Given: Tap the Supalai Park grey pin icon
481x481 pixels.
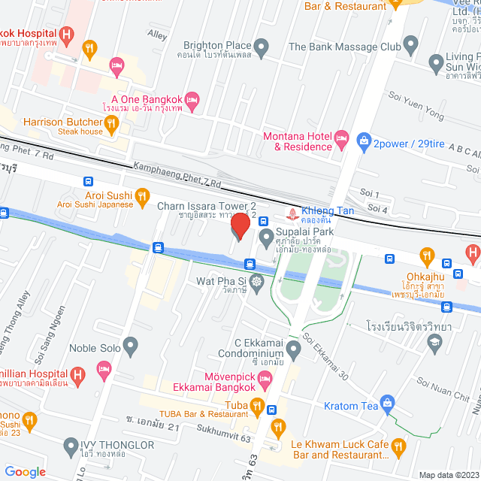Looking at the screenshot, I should tap(266, 238).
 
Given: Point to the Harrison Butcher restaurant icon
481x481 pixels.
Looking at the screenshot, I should tap(111, 123).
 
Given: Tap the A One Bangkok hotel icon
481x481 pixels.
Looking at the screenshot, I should tap(192, 99).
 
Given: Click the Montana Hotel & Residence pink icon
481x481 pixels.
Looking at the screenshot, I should tap(341, 138).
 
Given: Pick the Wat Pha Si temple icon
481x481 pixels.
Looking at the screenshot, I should tap(257, 283).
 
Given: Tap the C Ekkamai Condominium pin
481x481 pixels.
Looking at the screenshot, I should tap(293, 347).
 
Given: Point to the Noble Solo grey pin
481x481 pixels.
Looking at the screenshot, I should tap(132, 347).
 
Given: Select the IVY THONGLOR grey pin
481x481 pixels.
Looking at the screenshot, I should tap(71, 445).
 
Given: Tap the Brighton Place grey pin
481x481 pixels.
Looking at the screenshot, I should tap(261, 50).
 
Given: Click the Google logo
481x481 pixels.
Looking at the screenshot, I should tap(25, 471).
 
